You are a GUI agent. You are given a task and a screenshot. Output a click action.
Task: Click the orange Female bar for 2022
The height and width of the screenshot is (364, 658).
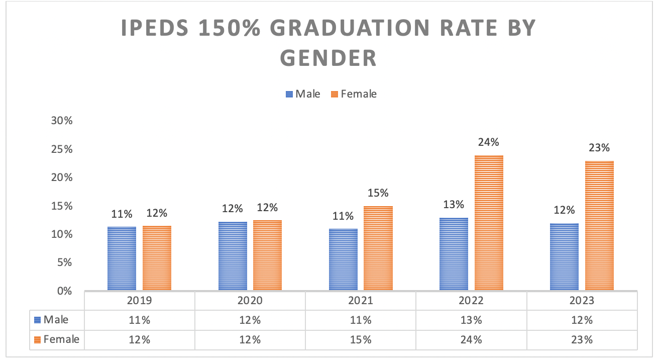pyautogui.click(x=489, y=223)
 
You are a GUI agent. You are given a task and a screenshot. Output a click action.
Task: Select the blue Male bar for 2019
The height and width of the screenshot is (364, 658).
pyautogui.click(x=122, y=258)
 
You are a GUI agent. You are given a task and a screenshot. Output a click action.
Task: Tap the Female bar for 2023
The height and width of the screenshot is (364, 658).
pyautogui.click(x=599, y=225)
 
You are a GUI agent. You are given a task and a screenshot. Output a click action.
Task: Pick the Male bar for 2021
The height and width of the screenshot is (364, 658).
pyautogui.click(x=343, y=259)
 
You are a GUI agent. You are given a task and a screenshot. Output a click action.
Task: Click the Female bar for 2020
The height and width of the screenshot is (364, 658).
pyautogui.click(x=267, y=255)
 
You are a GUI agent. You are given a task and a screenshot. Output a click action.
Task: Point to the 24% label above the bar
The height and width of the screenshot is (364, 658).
pyautogui.click(x=489, y=142)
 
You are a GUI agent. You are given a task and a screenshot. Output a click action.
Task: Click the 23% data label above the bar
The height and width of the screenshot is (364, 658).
pyautogui.click(x=599, y=148)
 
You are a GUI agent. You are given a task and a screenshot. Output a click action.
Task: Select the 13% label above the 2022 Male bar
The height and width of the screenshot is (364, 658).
pyautogui.click(x=454, y=205)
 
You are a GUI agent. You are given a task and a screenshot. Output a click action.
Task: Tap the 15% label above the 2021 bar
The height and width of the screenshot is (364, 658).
pyautogui.click(x=378, y=193)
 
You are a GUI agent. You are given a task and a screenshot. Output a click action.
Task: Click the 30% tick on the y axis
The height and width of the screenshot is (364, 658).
pyautogui.click(x=62, y=121)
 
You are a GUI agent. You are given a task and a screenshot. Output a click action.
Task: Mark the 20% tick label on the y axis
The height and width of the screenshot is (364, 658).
pyautogui.click(x=62, y=177)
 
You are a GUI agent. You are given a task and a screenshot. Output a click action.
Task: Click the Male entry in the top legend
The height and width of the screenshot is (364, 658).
pyautogui.click(x=303, y=94)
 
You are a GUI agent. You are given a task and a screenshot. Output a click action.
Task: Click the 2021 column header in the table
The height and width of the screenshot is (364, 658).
pyautogui.click(x=360, y=301)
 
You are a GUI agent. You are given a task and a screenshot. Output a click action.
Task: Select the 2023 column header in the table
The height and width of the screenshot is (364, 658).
pyautogui.click(x=582, y=301)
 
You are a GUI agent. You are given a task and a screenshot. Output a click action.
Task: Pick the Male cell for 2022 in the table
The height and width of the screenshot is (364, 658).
pyautogui.click(x=471, y=320)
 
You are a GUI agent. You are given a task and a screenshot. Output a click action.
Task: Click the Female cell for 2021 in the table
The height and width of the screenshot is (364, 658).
pyautogui.click(x=360, y=339)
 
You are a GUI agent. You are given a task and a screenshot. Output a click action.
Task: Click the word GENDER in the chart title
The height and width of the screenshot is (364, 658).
pyautogui.click(x=328, y=58)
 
